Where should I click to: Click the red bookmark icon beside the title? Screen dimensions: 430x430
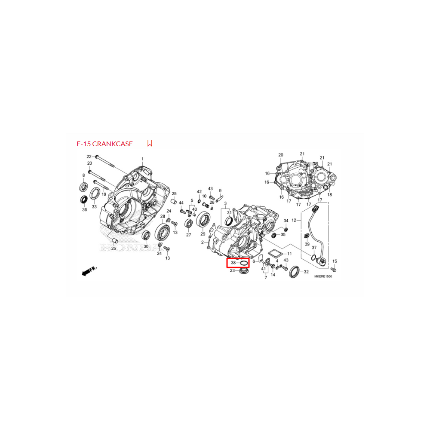click(150, 143)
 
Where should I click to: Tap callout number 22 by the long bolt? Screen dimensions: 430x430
click(89, 157)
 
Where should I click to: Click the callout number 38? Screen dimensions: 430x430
click(233, 263)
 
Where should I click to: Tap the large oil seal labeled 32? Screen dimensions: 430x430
click(294, 271)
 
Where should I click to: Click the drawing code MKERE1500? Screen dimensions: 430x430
click(323, 276)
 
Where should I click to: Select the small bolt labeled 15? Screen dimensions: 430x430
click(334, 269)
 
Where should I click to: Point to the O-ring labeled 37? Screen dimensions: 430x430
click(313, 258)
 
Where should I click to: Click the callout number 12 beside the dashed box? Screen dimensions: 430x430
click(294, 220)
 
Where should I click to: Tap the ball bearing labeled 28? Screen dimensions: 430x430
click(162, 231)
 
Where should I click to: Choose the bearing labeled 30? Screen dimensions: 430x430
click(146, 236)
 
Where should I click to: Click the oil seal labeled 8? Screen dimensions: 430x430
click(84, 187)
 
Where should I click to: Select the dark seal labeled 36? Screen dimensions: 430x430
click(84, 200)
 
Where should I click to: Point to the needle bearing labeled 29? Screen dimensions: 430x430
click(203, 219)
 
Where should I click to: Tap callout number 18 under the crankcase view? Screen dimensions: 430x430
click(330, 195)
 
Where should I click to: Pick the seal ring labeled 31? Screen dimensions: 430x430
click(229, 221)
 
